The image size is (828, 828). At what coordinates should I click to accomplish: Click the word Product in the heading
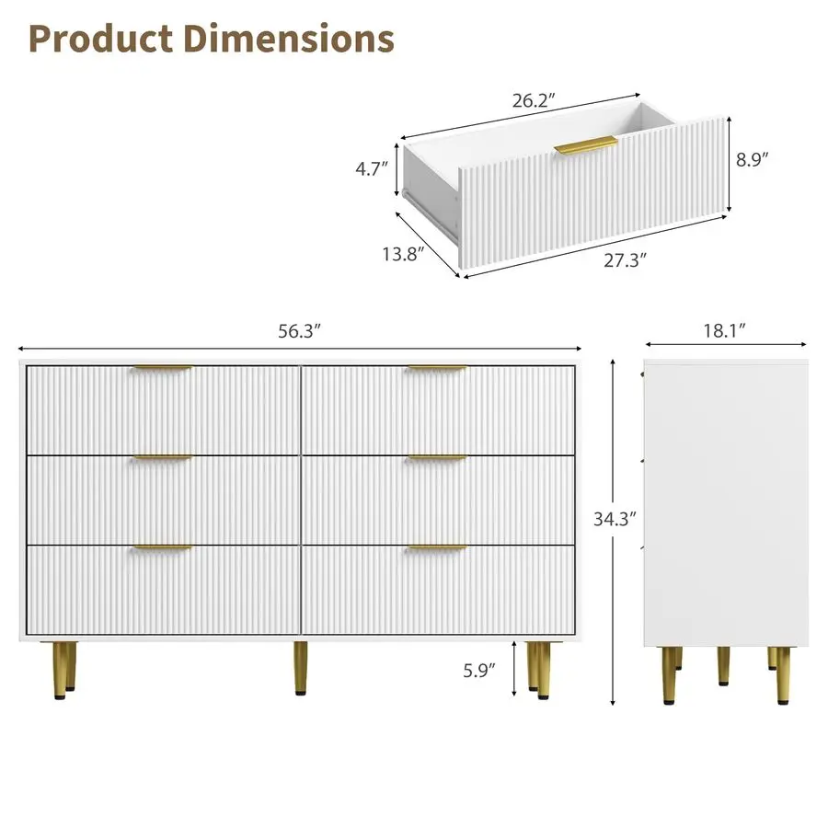[100, 39]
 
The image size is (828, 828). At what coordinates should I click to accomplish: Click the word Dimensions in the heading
[290, 39]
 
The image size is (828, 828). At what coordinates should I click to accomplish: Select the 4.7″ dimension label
[373, 168]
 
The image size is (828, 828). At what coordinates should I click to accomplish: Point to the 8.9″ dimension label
[752, 158]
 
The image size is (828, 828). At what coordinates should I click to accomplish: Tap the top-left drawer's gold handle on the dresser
[162, 369]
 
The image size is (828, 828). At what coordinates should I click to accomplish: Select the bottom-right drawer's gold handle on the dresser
[438, 548]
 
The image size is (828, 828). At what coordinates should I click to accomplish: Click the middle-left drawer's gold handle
[162, 457]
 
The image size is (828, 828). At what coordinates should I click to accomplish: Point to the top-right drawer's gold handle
[438, 369]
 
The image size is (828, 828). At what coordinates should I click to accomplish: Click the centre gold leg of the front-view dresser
[301, 668]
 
